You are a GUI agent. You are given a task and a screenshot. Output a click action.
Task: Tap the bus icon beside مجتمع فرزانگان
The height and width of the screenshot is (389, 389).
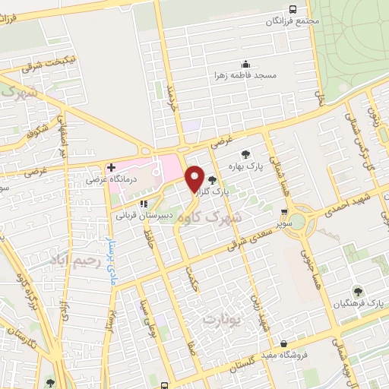click(293, 9)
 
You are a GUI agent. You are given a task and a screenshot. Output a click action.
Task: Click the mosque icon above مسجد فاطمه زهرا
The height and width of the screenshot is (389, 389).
click(245, 64)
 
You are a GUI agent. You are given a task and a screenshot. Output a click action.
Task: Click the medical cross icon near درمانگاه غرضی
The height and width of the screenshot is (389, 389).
click(111, 167)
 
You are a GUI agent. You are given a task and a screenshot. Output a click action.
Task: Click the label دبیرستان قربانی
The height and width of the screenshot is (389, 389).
click(144, 216)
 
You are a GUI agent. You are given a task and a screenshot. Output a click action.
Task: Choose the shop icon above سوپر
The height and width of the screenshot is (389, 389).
click(284, 213)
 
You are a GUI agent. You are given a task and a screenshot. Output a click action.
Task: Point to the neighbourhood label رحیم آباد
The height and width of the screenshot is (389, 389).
click(75, 261)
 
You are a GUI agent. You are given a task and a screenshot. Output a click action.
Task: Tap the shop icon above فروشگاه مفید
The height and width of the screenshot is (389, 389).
click(283, 343)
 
